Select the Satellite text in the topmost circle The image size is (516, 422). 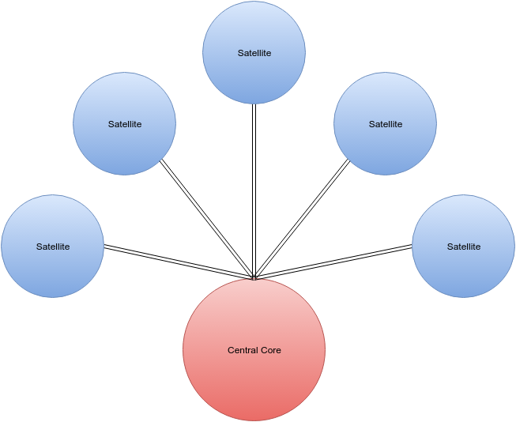click(254, 53)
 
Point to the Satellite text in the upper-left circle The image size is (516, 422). click(124, 124)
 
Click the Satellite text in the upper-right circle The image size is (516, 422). click(385, 124)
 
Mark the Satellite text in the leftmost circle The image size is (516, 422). click(52, 247)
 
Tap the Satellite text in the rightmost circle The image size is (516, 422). click(463, 247)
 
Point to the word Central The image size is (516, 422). click(242, 350)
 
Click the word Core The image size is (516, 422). click(270, 350)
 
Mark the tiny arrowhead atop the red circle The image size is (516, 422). click(254, 279)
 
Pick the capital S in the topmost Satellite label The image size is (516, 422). click(240, 53)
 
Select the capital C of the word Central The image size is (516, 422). click(231, 350)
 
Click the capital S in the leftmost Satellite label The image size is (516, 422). click(39, 247)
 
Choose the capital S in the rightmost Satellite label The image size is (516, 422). click(450, 247)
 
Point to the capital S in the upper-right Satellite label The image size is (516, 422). click(371, 124)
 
